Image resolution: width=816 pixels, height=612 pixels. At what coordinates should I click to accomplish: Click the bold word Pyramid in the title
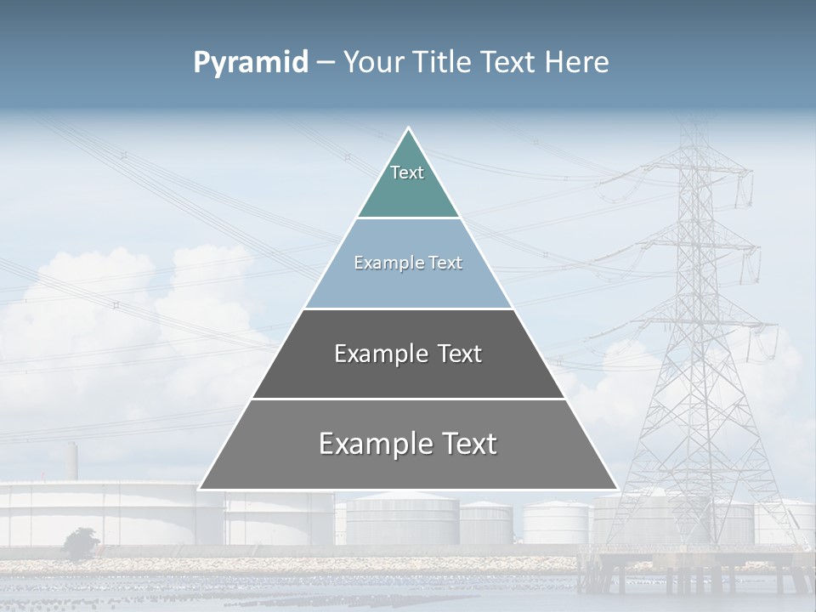(251, 63)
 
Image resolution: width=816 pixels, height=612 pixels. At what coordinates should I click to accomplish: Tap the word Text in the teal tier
(407, 173)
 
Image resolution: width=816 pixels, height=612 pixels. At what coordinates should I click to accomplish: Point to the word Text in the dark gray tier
(460, 354)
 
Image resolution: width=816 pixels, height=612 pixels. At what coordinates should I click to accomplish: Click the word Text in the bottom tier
(467, 444)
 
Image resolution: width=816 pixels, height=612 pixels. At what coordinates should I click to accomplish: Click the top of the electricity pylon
(696, 127)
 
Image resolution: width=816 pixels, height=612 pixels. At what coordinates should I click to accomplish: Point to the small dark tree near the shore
(81, 542)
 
